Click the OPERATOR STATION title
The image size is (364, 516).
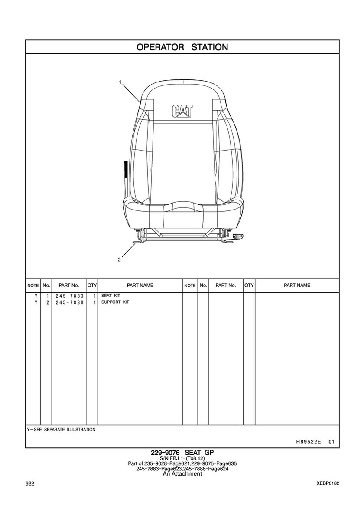pyautogui.click(x=182, y=47)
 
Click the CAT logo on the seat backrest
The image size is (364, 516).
pyautogui.click(x=182, y=111)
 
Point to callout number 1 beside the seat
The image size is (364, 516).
pyautogui.click(x=120, y=82)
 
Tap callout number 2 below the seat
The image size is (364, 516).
pyautogui.click(x=119, y=260)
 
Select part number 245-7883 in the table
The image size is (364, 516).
pyautogui.click(x=69, y=296)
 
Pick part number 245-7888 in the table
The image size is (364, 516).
pyautogui.click(x=69, y=302)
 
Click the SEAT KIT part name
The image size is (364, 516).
pyautogui.click(x=110, y=296)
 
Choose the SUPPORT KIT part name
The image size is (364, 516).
pyautogui.click(x=115, y=302)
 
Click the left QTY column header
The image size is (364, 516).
pyautogui.click(x=92, y=285)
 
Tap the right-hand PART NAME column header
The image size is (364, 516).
pyautogui.click(x=297, y=285)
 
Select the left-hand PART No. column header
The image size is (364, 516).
pyautogui.click(x=68, y=285)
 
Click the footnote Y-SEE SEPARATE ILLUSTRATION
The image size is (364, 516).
pyautogui.click(x=61, y=430)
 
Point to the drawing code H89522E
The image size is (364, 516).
pyautogui.click(x=308, y=442)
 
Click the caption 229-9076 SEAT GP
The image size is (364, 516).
pyautogui.click(x=182, y=453)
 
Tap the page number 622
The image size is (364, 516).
pyautogui.click(x=30, y=483)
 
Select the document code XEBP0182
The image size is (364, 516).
pyautogui.click(x=328, y=483)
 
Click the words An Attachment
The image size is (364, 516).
pyautogui.click(x=182, y=473)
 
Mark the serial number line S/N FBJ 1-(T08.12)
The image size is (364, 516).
pyautogui.click(x=182, y=458)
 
